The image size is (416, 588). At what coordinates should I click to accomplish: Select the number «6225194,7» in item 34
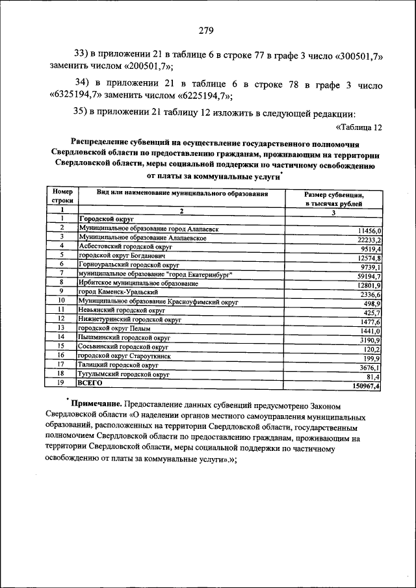pyautogui.click(x=198, y=96)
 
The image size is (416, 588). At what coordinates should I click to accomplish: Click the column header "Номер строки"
pyautogui.click(x=62, y=198)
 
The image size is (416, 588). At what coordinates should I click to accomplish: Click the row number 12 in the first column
pyautogui.click(x=62, y=320)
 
